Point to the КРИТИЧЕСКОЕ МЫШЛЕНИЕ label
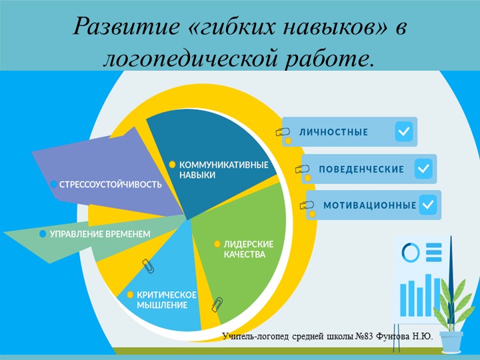coord(166,299)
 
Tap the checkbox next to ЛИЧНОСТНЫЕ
coord(403,132)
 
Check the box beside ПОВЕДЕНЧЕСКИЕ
coord(423,169)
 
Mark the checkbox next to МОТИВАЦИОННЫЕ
coord(428,205)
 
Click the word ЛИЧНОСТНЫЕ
coord(333,132)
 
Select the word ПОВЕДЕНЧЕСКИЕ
coord(361,169)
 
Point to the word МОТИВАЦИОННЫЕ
coord(369,205)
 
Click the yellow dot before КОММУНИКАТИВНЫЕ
coord(171,164)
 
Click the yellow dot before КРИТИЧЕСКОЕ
coord(130,294)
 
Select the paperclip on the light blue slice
coord(149,267)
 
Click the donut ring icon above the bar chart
coord(410,252)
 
